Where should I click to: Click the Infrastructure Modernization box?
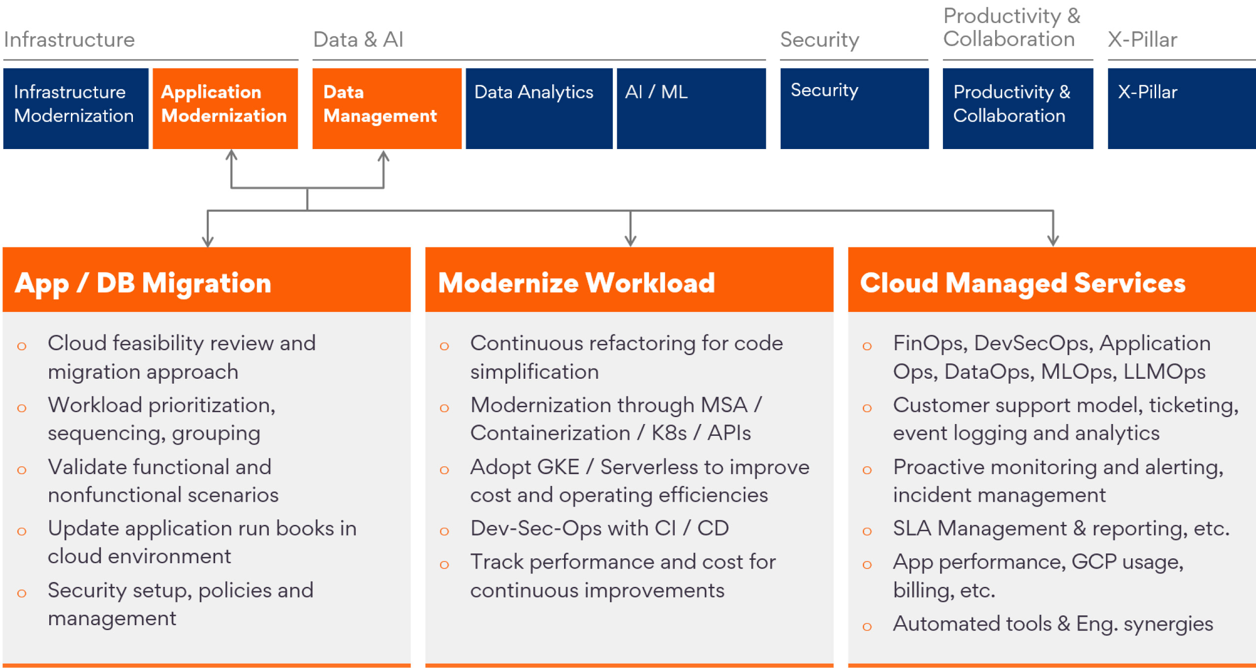coord(76,108)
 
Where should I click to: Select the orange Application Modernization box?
coord(225,108)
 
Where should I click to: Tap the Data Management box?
coord(387,108)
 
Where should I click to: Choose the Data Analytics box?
coord(539,108)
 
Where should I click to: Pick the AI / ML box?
coord(691,108)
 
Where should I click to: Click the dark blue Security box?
coord(854,108)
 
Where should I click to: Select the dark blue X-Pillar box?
coord(1182,108)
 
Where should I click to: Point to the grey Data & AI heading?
coord(358,39)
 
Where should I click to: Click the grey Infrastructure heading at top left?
coord(69,39)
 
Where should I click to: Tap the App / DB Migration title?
coord(143,283)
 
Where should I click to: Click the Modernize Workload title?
coord(576,283)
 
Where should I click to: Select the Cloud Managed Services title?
coord(1023,283)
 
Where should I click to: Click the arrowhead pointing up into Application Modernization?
coord(231,155)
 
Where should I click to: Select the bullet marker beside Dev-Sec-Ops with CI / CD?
coord(444,531)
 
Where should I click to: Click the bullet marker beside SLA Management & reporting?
coord(867,531)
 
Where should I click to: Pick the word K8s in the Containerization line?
coord(669,433)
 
